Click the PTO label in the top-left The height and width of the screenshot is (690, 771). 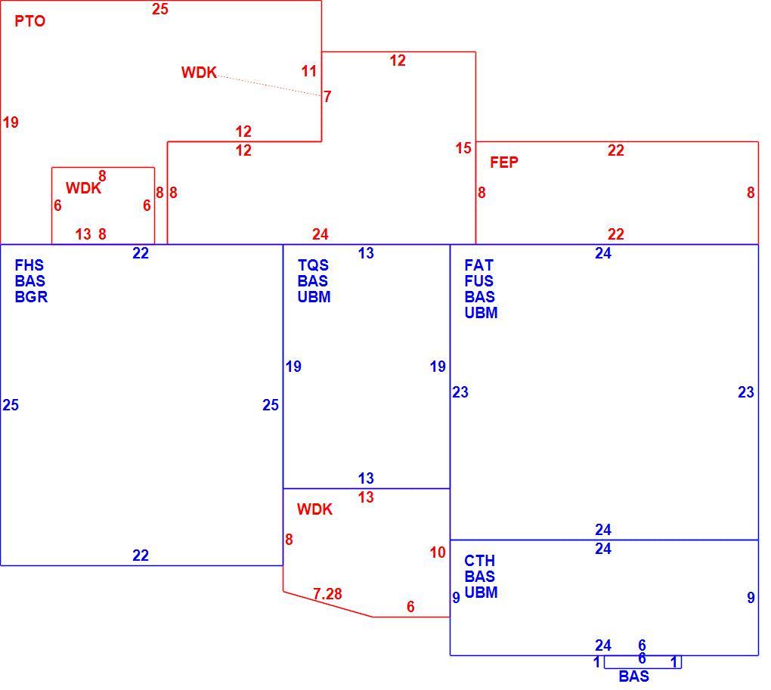[x=30, y=21]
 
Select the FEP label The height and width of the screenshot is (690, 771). [x=504, y=162]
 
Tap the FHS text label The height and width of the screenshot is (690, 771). [x=29, y=265]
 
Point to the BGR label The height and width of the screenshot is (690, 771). [x=31, y=297]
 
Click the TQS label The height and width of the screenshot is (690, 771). [x=313, y=265]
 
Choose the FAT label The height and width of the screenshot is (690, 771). [x=478, y=265]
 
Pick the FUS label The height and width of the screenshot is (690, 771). [x=479, y=281]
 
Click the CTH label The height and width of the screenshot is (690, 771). [x=479, y=561]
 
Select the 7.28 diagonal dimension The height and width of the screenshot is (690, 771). [x=327, y=594]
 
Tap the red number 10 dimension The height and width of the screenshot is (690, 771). [x=438, y=552]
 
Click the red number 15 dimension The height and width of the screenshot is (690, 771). [x=463, y=148]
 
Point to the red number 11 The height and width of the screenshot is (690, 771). [x=309, y=71]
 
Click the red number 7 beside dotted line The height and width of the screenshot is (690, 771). [x=327, y=96]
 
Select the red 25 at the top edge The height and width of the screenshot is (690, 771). [x=159, y=9]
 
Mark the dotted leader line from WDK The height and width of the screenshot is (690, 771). [x=269, y=85]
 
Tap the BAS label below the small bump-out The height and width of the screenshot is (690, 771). [x=634, y=676]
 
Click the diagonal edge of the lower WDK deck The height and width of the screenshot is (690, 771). [x=327, y=604]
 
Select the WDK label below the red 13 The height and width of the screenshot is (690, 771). [x=314, y=509]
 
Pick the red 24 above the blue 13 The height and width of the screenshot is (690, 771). [x=320, y=234]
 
